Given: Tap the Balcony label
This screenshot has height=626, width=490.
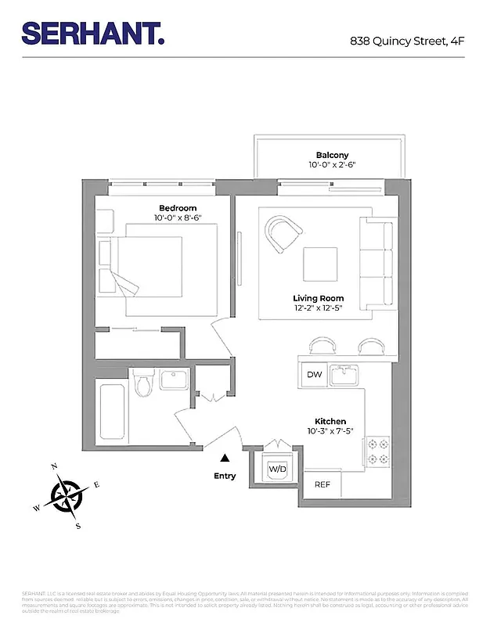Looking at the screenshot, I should coord(332,155).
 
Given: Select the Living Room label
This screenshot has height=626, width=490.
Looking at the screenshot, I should coord(319,298).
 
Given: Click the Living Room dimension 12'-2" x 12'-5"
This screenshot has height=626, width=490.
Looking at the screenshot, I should coord(319,308).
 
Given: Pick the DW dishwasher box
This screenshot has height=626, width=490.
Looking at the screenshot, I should coord(314,375).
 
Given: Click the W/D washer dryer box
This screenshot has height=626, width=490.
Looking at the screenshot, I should coord(277,469).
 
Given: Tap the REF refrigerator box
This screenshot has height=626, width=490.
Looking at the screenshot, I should coord(322,484).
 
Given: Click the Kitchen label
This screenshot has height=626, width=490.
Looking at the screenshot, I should coord(330,421).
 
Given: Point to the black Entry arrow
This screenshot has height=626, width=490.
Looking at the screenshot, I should coord(225,459).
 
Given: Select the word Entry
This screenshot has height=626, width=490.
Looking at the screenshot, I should coord(225,476).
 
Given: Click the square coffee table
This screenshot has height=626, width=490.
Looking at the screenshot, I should coord(321,264).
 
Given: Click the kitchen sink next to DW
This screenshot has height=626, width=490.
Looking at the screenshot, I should coord(344,376).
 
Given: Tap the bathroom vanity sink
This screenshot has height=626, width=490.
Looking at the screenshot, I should coord(173,381).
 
